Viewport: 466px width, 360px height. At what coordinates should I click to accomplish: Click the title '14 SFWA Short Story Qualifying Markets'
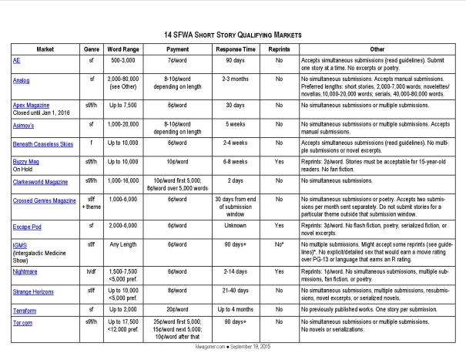233,35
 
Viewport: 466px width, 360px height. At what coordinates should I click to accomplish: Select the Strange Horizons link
39,292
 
